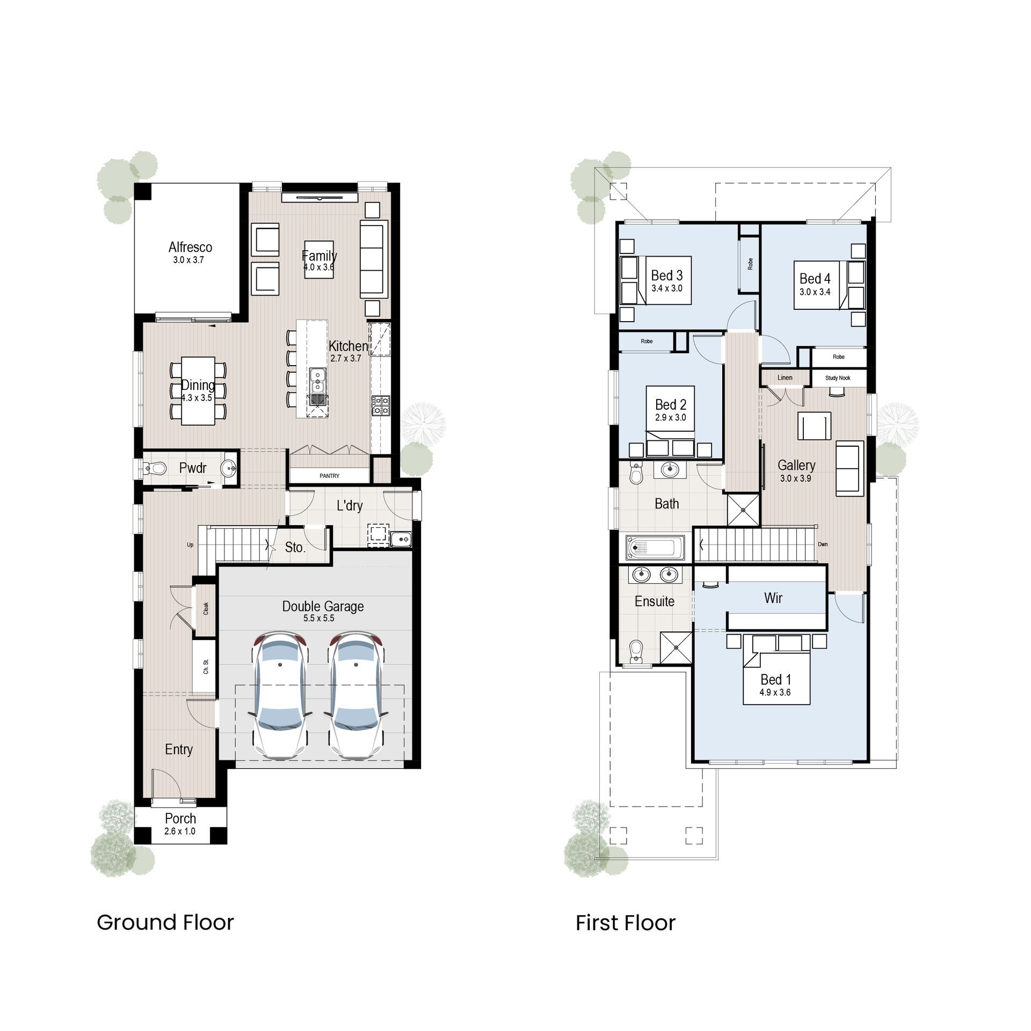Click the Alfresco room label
click(x=190, y=247)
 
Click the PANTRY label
click(x=329, y=476)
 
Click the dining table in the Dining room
click(x=198, y=391)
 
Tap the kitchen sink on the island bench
click(x=318, y=379)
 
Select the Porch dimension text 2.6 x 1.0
click(x=180, y=831)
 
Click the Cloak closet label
click(x=206, y=608)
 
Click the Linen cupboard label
click(x=785, y=377)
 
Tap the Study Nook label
click(x=838, y=378)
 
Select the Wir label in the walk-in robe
click(x=773, y=598)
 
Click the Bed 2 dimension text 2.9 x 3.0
click(x=670, y=417)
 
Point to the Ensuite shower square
click(x=676, y=649)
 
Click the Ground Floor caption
click(x=165, y=923)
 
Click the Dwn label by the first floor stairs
click(x=823, y=544)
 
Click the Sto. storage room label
click(x=295, y=548)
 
